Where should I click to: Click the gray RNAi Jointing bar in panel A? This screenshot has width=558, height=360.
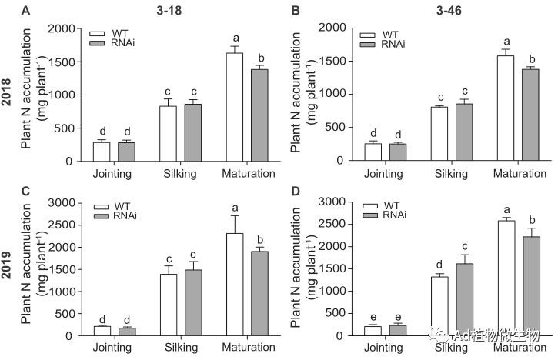127,152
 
